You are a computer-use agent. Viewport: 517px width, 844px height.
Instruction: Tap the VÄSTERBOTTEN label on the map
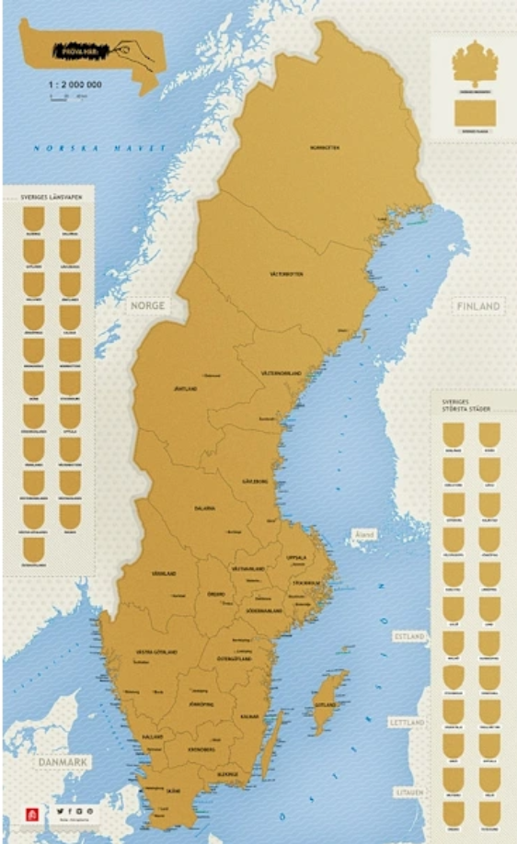click(285, 274)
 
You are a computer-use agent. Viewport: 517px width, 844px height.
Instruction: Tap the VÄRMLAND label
click(164, 573)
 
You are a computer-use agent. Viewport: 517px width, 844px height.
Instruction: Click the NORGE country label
click(146, 305)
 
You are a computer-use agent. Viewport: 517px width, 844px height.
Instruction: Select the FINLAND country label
click(477, 305)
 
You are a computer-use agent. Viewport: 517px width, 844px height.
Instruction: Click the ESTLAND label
click(408, 636)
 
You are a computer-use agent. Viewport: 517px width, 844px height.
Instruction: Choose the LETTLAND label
click(408, 724)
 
